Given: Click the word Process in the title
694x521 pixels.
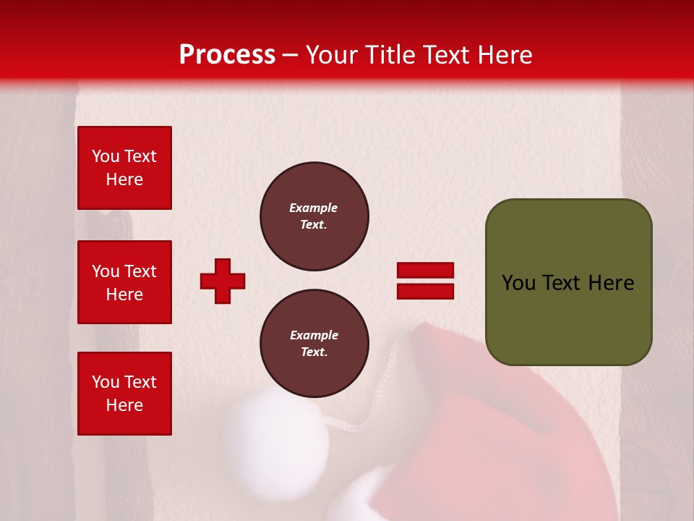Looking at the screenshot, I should tap(227, 55).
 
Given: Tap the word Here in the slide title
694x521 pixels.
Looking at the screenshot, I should tap(503, 55).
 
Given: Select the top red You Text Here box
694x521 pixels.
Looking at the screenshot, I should tap(124, 168).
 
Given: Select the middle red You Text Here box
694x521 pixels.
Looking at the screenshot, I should tap(124, 282).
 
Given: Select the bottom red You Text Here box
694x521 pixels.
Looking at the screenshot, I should tap(124, 394).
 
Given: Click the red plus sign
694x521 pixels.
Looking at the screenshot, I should tap(223, 281).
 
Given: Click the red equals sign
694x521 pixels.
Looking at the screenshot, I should tap(425, 281).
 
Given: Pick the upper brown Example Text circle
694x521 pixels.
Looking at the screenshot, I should tap(314, 216).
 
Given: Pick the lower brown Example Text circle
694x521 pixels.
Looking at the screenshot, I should tap(314, 344).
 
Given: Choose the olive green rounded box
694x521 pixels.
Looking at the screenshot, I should tap(568, 282).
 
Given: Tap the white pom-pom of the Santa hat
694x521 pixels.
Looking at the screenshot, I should tap(275, 434).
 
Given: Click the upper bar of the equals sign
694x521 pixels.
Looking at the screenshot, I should tap(425, 270).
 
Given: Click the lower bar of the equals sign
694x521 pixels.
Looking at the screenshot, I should tap(425, 292).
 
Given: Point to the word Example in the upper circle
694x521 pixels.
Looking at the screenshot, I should tap(314, 208).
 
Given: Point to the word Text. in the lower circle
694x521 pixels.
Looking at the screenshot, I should tap(314, 352).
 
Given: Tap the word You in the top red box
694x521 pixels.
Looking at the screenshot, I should tap(105, 156).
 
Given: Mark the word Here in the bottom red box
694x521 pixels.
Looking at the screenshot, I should tap(124, 405).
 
